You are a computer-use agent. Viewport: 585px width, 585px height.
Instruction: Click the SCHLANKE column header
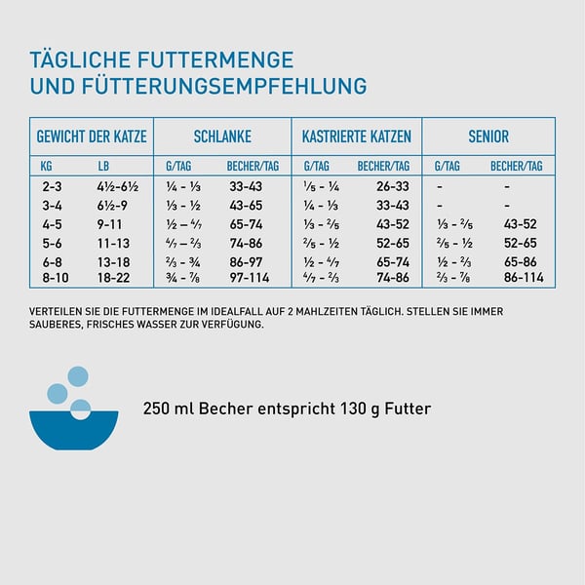tap(222, 136)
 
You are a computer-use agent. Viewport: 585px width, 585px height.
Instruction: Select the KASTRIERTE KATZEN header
tap(356, 136)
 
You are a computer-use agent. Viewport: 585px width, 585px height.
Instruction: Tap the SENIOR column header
tap(487, 136)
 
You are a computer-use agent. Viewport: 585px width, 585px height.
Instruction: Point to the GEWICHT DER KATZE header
tap(92, 136)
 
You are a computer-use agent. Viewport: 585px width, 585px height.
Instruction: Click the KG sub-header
tap(51, 166)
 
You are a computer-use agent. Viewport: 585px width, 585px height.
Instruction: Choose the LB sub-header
tap(104, 166)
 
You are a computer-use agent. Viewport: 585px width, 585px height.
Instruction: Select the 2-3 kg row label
tap(52, 186)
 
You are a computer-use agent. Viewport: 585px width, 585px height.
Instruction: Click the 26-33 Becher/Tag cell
tap(392, 186)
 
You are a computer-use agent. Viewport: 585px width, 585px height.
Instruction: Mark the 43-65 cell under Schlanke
tap(245, 205)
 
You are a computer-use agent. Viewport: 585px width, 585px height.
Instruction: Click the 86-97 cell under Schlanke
tap(245, 261)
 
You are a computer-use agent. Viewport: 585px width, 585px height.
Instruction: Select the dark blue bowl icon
tap(74, 429)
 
